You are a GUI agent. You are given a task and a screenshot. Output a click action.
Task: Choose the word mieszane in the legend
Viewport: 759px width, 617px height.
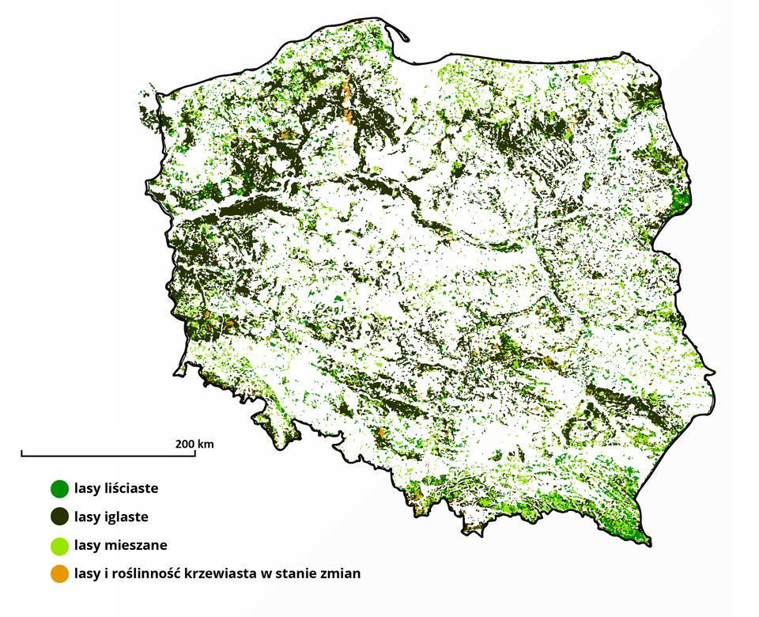click(x=135, y=545)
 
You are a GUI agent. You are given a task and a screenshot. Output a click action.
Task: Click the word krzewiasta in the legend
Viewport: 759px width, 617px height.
click(x=217, y=573)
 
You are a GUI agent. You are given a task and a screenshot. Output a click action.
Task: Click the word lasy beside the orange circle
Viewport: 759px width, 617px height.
click(x=87, y=573)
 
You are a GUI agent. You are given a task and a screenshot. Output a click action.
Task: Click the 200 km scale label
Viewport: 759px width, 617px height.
click(x=194, y=443)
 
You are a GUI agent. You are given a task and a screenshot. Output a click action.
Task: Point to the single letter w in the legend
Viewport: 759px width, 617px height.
click(x=270, y=573)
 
